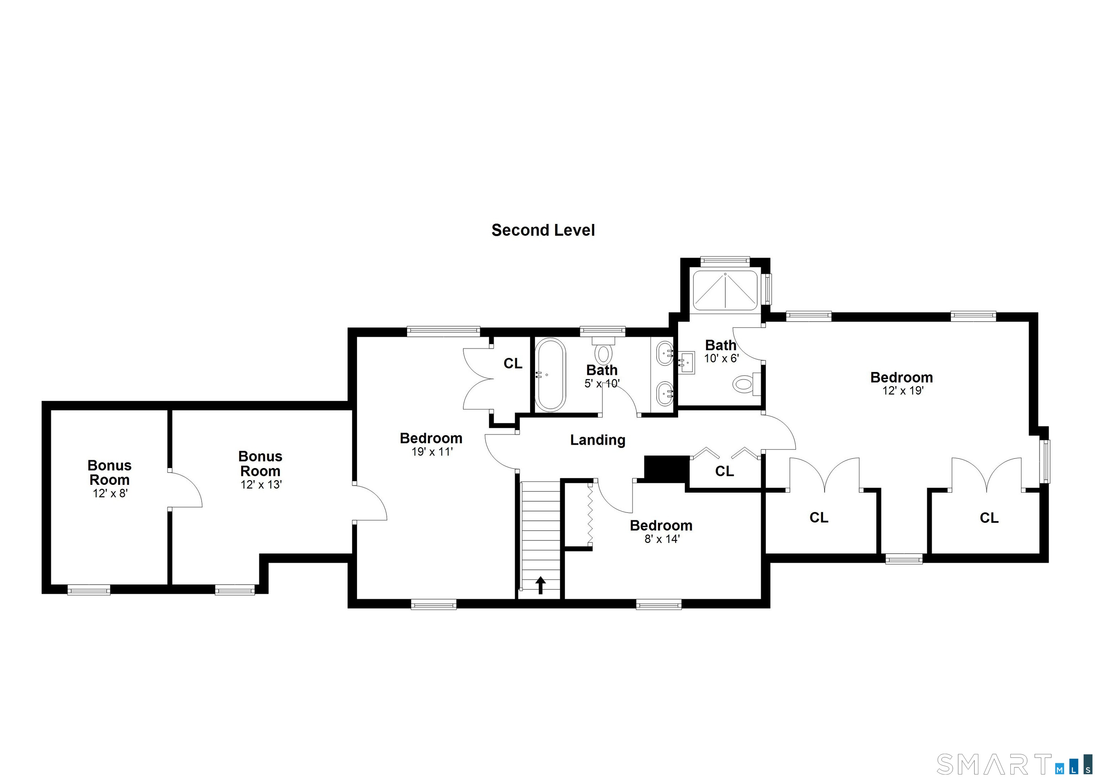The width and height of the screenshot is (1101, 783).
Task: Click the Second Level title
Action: coord(543,230)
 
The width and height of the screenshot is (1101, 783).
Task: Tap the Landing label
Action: coord(597,440)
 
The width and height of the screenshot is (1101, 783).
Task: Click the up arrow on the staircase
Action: coord(540,585)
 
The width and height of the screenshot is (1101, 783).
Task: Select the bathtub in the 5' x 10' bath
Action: coord(550,374)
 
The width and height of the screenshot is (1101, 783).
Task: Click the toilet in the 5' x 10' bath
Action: coord(603,351)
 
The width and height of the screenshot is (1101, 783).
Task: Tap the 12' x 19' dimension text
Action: coord(902,391)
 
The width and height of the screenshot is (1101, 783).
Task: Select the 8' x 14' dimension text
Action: coord(662,539)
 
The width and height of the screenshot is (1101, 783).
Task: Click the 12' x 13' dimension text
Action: coord(261,484)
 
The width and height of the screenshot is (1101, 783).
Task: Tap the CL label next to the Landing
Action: coord(724,471)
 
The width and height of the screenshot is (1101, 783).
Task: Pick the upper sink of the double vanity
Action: coord(665,353)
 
